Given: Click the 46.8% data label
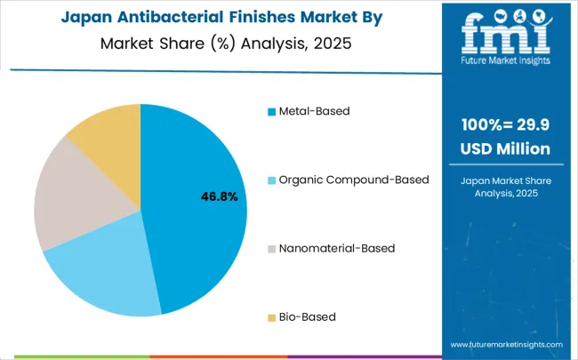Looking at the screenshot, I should pyautogui.click(x=219, y=196).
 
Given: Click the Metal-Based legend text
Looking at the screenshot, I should pyautogui.click(x=313, y=111).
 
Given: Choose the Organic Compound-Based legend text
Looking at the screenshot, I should pyautogui.click(x=354, y=180).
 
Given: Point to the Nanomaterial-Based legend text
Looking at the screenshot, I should pyautogui.click(x=336, y=248).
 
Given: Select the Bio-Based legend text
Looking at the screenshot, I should pyautogui.click(x=307, y=316).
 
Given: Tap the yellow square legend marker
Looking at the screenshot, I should pyautogui.click(x=269, y=317).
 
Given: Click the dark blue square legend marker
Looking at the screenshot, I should pyautogui.click(x=269, y=112).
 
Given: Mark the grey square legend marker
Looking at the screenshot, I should pyautogui.click(x=269, y=249).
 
